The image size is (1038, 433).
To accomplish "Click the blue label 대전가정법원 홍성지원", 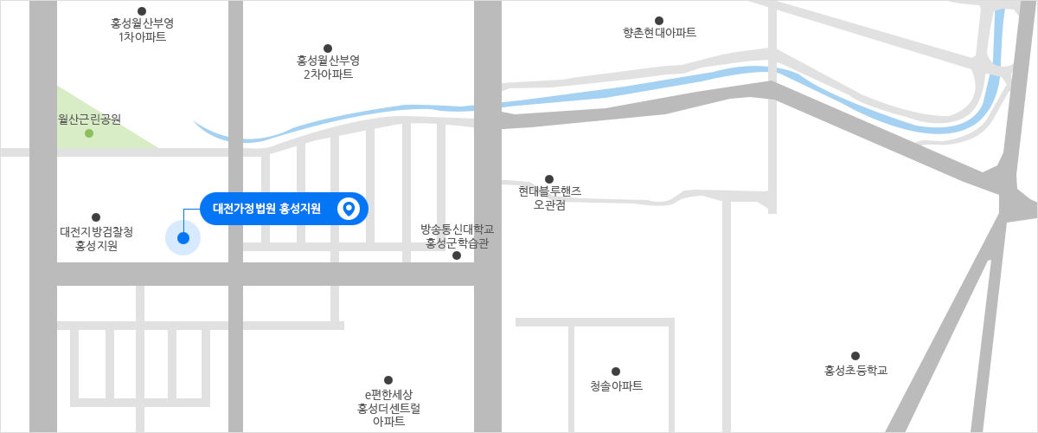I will pyautogui.click(x=266, y=209).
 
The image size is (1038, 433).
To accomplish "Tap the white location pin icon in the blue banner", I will pyautogui.click(x=349, y=209).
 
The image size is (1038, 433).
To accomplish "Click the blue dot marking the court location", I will pyautogui.click(x=183, y=238).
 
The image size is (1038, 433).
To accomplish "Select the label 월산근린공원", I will pyautogui.click(x=89, y=119).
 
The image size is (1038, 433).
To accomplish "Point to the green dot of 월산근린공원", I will pyautogui.click(x=89, y=133).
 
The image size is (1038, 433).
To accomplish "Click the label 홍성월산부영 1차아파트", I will pyautogui.click(x=143, y=29).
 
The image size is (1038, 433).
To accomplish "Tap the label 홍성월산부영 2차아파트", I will pyautogui.click(x=328, y=67).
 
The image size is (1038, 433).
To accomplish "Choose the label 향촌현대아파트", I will pyautogui.click(x=659, y=33).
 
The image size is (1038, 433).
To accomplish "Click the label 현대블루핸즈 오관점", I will pyautogui.click(x=549, y=197).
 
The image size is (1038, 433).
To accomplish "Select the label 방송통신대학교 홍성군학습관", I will pyautogui.click(x=457, y=236).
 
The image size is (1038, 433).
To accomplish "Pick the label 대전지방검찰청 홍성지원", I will pyautogui.click(x=96, y=238).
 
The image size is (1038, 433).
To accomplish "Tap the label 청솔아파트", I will pyautogui.click(x=616, y=385).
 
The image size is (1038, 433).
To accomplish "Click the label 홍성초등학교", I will pyautogui.click(x=855, y=370).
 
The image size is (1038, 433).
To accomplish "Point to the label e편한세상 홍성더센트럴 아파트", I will pyautogui.click(x=388, y=407).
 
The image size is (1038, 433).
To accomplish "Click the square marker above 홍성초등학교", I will pyautogui.click(x=855, y=355).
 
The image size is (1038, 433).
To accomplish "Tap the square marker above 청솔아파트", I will pyautogui.click(x=616, y=371).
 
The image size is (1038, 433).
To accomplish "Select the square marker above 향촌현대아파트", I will pyautogui.click(x=659, y=19).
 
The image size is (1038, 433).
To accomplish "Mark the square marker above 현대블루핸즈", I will pyautogui.click(x=549, y=178).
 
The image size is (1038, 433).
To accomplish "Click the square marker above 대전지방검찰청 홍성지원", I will pyautogui.click(x=96, y=217).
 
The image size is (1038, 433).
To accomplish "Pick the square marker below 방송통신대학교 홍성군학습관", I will pyautogui.click(x=457, y=256).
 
